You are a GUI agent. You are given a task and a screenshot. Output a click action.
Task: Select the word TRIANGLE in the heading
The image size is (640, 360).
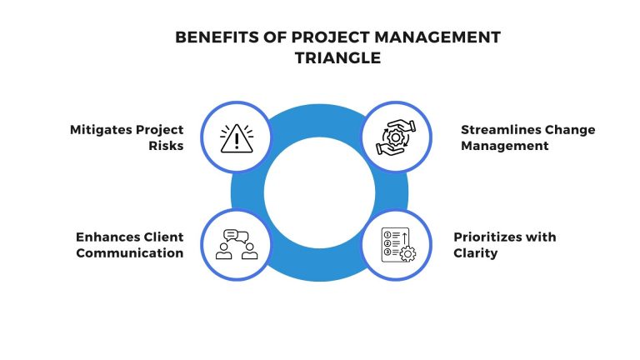click(320, 59)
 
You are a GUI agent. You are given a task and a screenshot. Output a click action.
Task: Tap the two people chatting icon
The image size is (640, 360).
click(236, 244)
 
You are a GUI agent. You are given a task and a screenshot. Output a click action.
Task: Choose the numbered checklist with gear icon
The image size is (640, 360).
click(397, 244)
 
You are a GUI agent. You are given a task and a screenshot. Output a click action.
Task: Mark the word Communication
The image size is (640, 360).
click(130, 252)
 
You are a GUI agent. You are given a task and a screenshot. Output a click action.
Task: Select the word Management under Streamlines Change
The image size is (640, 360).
click(506, 146)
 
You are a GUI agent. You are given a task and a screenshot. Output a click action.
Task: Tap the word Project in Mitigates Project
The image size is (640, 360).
click(158, 130)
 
